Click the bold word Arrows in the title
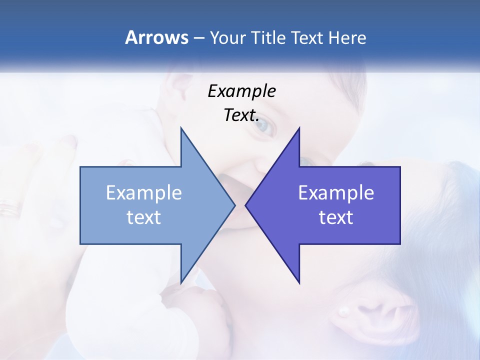pyautogui.click(x=156, y=37)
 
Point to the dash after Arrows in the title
pyautogui.click(x=198, y=38)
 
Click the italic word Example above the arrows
pyautogui.click(x=241, y=91)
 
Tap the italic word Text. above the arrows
pyautogui.click(x=241, y=115)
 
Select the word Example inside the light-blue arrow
pyautogui.click(x=144, y=193)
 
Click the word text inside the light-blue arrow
pyautogui.click(x=144, y=217)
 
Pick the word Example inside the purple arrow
pyautogui.click(x=336, y=193)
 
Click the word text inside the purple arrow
pyautogui.click(x=336, y=217)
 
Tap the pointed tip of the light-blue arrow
pyautogui.click(x=234, y=205)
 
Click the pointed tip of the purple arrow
pyautogui.click(x=246, y=205)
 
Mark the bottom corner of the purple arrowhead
pyautogui.click(x=299, y=282)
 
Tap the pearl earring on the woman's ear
pyautogui.click(x=343, y=311)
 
